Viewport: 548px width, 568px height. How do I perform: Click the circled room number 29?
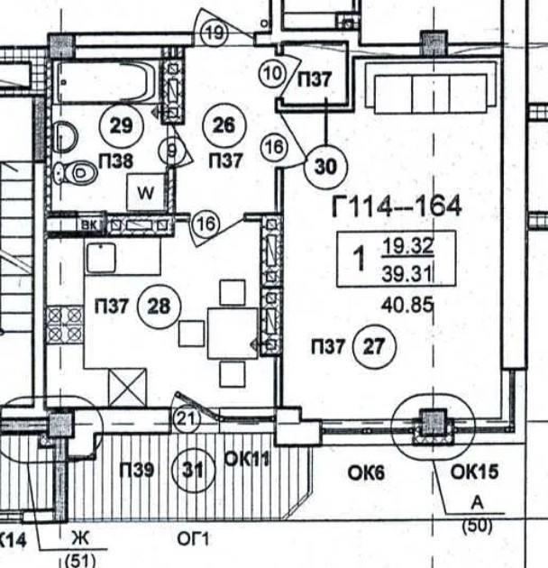tap(121, 126)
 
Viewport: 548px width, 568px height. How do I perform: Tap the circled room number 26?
tap(224, 126)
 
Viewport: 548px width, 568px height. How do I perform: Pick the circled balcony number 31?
tap(192, 469)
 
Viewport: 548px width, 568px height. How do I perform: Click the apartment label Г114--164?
tap(397, 207)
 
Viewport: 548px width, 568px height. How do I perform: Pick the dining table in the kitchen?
tap(233, 333)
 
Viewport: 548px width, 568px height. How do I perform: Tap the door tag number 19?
tap(214, 34)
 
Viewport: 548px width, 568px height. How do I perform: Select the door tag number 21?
tap(185, 417)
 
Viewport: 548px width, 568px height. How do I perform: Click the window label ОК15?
tap(451, 472)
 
